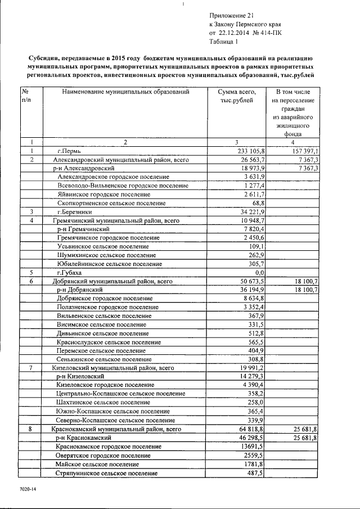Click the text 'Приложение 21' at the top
(232, 16)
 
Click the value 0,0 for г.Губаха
(260, 272)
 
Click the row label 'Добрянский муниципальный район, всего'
(109, 281)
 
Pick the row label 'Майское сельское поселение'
(97, 464)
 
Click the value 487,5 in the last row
(256, 473)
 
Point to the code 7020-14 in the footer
(26, 490)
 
